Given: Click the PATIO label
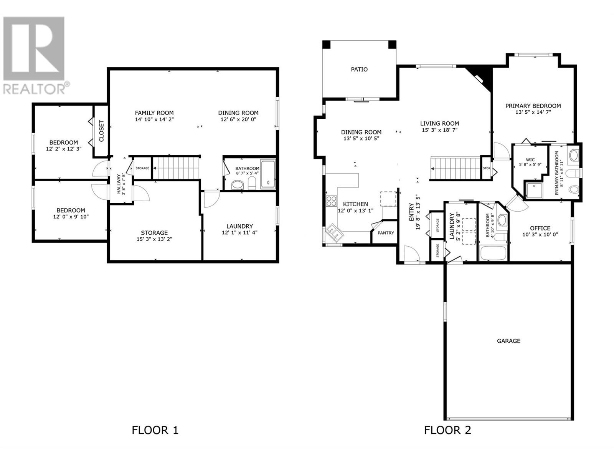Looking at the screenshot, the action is click(x=359, y=70).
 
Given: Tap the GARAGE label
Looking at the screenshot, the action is click(x=508, y=341).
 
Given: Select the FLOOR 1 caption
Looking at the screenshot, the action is click(x=155, y=430).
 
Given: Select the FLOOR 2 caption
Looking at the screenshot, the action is click(x=447, y=430).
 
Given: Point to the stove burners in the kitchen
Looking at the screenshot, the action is click(x=332, y=201).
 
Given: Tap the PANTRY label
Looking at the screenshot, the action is click(x=386, y=233).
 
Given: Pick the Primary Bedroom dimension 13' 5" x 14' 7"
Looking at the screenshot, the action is click(x=533, y=112).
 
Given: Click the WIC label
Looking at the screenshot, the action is click(x=530, y=160).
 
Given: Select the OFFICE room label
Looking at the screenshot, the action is click(x=540, y=228).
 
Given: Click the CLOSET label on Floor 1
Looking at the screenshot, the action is click(x=102, y=131).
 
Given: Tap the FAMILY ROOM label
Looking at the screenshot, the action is click(x=154, y=113).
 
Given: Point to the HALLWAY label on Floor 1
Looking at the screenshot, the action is click(x=119, y=184).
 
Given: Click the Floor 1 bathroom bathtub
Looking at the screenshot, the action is click(x=268, y=174).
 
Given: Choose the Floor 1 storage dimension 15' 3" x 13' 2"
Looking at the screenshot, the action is click(x=154, y=239).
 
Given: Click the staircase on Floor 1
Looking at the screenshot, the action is click(x=176, y=168).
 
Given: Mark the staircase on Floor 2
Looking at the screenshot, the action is click(x=456, y=168).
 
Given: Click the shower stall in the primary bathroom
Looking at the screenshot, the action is click(x=534, y=190).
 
